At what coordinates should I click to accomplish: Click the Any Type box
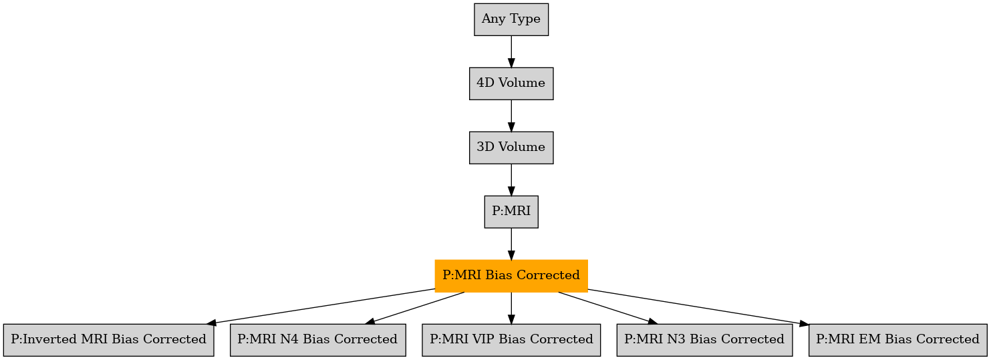pos(511,19)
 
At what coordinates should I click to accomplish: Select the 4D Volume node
pos(511,83)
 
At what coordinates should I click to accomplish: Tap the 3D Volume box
pos(511,148)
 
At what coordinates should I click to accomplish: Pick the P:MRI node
pos(511,212)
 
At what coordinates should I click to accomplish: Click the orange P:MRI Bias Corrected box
pos(511,276)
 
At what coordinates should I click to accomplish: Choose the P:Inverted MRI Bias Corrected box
pos(108,340)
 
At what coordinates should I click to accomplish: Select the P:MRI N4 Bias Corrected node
pos(317,340)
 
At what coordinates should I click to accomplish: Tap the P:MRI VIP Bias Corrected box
pos(511,340)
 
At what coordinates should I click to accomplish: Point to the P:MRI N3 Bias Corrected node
pos(704,340)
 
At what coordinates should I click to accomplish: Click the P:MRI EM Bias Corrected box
pos(897,340)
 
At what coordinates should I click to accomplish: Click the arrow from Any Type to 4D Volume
pos(511,51)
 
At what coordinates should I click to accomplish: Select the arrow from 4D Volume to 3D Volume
pos(511,116)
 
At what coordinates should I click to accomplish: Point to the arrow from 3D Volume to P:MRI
pos(511,180)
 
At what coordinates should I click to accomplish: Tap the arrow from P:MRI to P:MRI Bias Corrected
pos(511,244)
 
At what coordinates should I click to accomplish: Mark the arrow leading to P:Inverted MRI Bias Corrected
pos(321,307)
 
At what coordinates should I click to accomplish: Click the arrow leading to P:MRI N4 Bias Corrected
pos(414,309)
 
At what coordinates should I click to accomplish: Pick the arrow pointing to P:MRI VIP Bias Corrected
pos(511,309)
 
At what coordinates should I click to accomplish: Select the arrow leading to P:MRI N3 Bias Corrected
pos(608,309)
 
